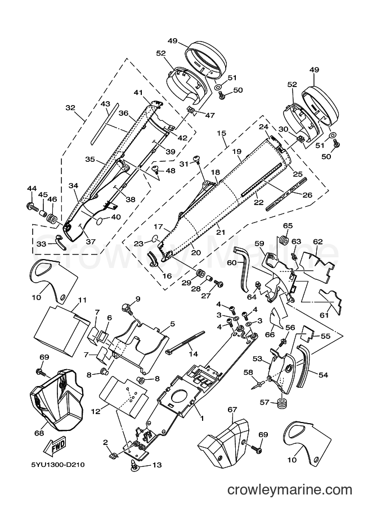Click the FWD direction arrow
point(57,447)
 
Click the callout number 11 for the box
point(82,299)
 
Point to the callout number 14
point(194,353)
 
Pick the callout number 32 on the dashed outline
point(70,108)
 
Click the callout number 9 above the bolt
point(138,298)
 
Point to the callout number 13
point(158,465)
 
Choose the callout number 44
point(32,188)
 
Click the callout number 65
point(288,226)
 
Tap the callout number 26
point(307,196)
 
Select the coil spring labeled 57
point(281,402)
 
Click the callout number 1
point(202,418)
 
